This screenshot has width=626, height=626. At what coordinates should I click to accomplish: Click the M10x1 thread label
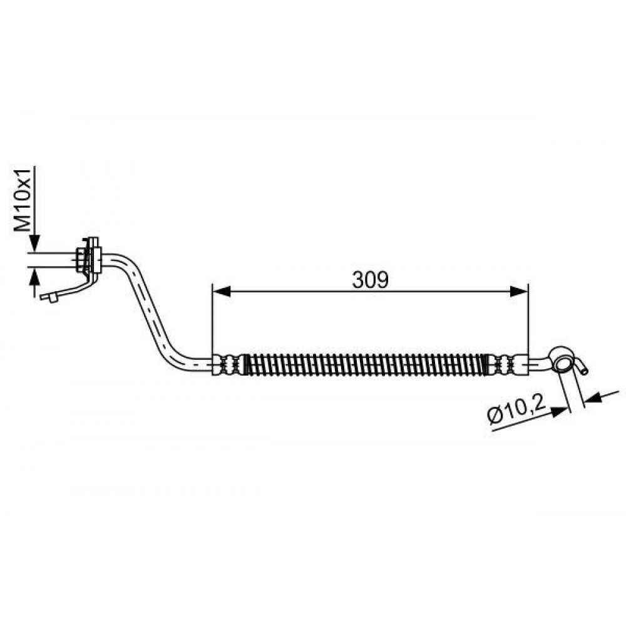tap(23, 200)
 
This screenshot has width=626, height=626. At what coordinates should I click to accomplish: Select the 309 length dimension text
tap(370, 280)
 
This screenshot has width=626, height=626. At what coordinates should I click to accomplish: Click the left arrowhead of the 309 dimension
tap(222, 292)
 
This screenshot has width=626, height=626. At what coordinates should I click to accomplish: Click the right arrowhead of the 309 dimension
tap(519, 292)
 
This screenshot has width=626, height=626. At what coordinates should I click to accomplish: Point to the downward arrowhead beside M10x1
tap(34, 243)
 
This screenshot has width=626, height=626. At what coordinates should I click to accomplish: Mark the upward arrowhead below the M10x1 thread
tap(34, 277)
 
